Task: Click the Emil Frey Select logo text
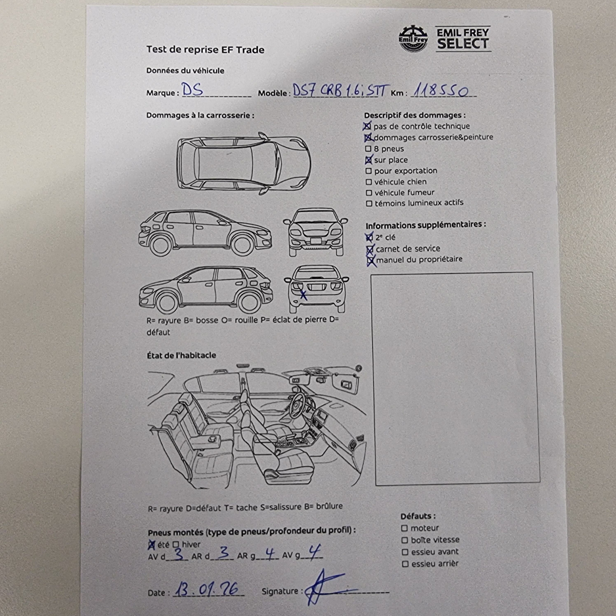tap(463, 39)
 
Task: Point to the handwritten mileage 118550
tap(441, 91)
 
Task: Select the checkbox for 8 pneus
tap(368, 149)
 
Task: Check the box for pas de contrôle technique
tap(367, 126)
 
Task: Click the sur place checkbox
tap(369, 160)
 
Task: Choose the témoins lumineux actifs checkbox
tap(369, 203)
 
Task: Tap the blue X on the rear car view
tap(303, 295)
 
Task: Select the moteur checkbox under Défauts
tap(404, 528)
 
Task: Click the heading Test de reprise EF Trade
tap(205, 50)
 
